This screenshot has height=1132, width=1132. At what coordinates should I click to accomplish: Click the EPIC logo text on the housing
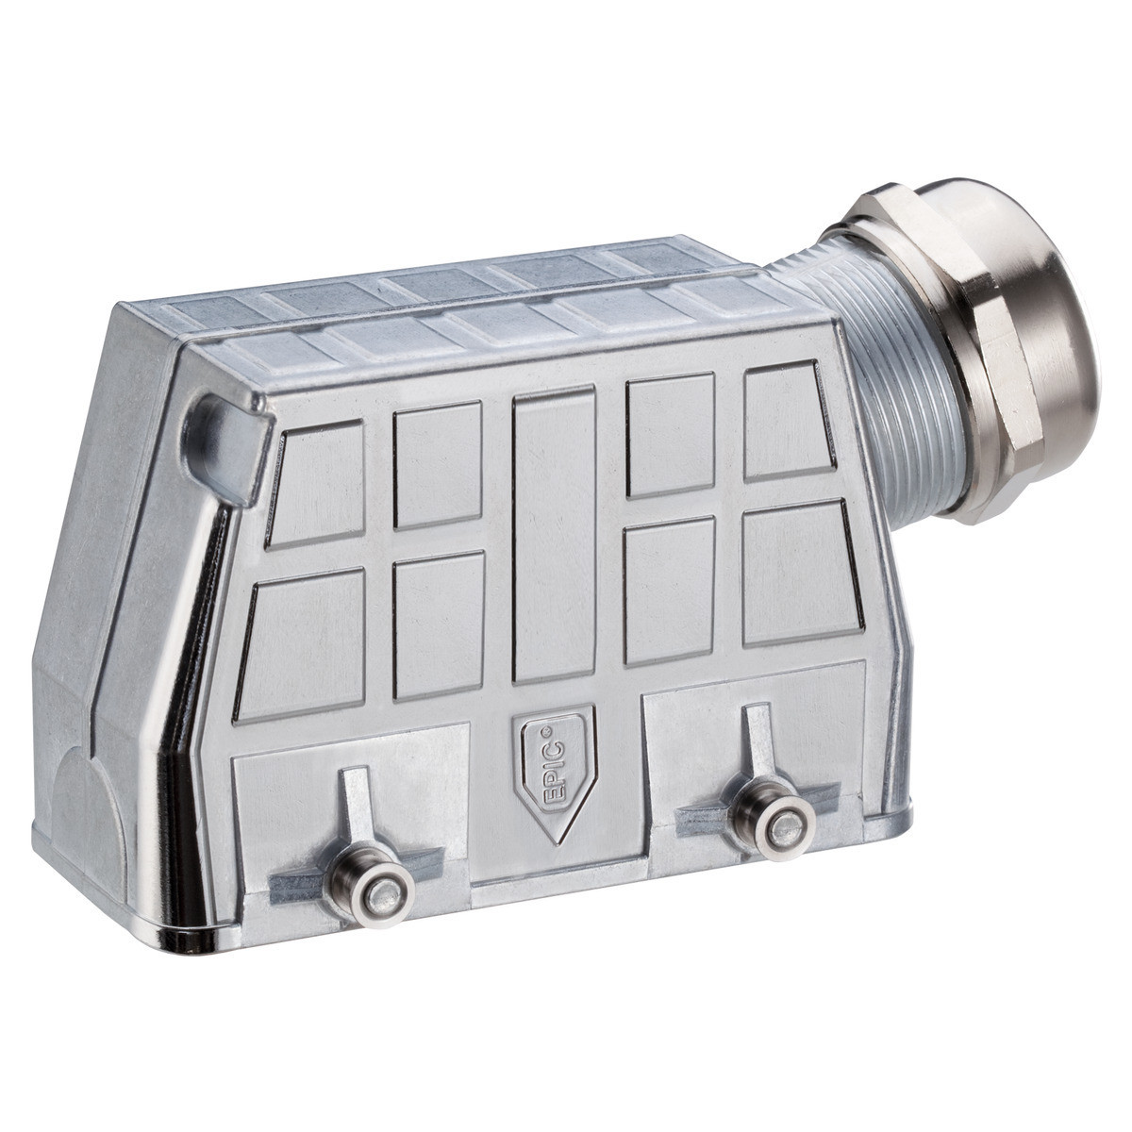point(555,764)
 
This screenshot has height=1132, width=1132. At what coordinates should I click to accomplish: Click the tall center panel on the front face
point(554,538)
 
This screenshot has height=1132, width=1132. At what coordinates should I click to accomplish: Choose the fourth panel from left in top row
point(669,436)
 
